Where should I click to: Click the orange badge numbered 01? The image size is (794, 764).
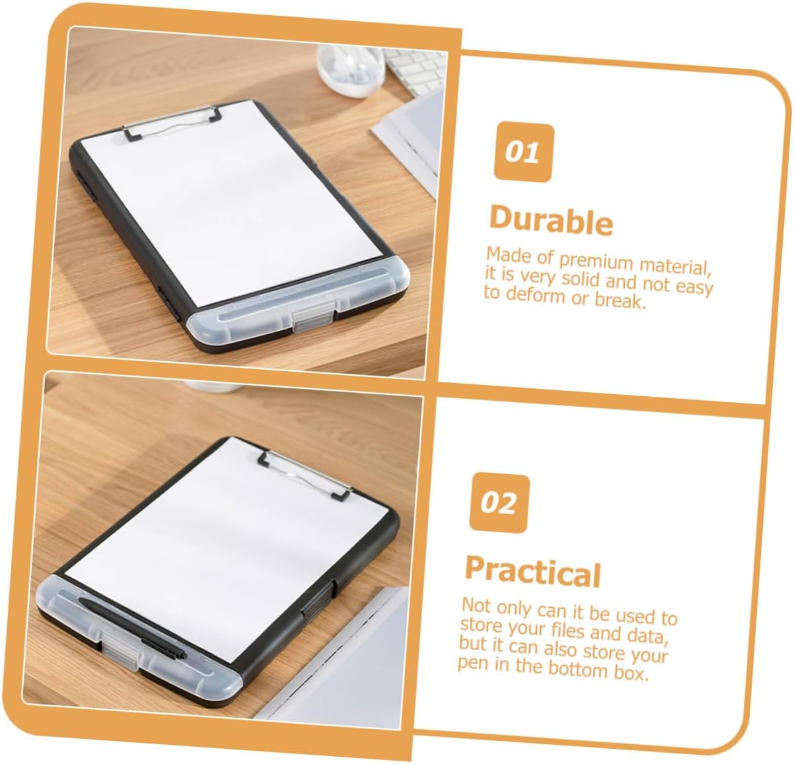(524, 152)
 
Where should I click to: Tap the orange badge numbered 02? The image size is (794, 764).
(499, 504)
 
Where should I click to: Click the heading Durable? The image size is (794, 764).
(551, 221)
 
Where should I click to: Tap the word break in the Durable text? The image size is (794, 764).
(620, 301)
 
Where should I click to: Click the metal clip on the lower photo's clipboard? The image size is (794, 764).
(305, 475)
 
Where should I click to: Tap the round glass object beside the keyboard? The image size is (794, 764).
(351, 69)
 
